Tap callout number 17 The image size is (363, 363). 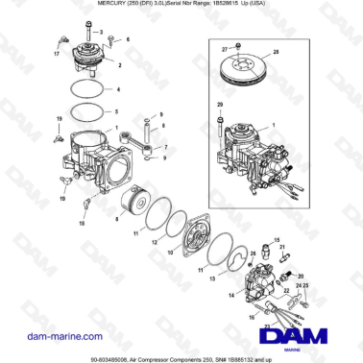pyautogui.click(x=56, y=55)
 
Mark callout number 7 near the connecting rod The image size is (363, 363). pyautogui.click(x=165, y=147)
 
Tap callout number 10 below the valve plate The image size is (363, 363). pyautogui.click(x=171, y=253)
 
